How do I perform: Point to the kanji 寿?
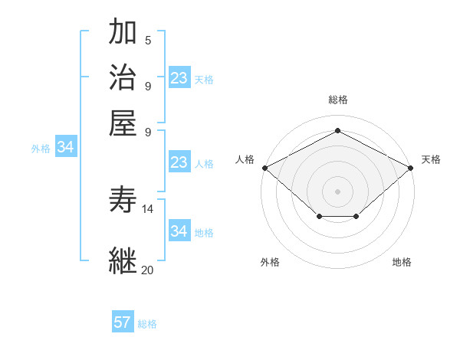[x=123, y=201]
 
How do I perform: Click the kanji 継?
[x=123, y=260]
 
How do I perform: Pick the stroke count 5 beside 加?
[x=148, y=41]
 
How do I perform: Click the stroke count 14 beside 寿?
[x=148, y=209]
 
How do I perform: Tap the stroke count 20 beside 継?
[x=148, y=270]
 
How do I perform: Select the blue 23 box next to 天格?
[x=179, y=78]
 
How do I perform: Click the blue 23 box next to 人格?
[x=179, y=162]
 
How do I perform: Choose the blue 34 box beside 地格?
[x=179, y=231]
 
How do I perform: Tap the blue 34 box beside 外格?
[x=65, y=147]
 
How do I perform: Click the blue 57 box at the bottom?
[x=123, y=322]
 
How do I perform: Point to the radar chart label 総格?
[x=337, y=100]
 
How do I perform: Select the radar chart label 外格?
[x=270, y=263]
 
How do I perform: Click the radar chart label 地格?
[x=402, y=263]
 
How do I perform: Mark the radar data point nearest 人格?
[x=264, y=168]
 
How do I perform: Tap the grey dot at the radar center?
[x=337, y=191]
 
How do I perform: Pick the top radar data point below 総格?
[x=337, y=131]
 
